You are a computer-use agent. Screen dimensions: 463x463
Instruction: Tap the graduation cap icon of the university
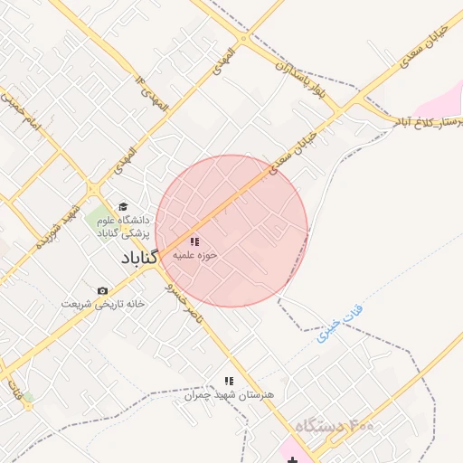tap(123, 207)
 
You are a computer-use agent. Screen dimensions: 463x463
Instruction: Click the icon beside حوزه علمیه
tap(194, 241)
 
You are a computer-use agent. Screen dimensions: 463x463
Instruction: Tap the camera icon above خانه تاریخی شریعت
tap(102, 290)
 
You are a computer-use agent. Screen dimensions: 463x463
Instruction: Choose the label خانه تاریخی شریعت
tap(103, 304)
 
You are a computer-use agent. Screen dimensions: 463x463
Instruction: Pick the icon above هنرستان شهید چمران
tap(229, 381)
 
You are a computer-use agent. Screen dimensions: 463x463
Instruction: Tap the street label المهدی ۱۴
tap(153, 94)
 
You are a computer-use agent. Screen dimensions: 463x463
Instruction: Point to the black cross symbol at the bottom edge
tap(291, 459)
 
